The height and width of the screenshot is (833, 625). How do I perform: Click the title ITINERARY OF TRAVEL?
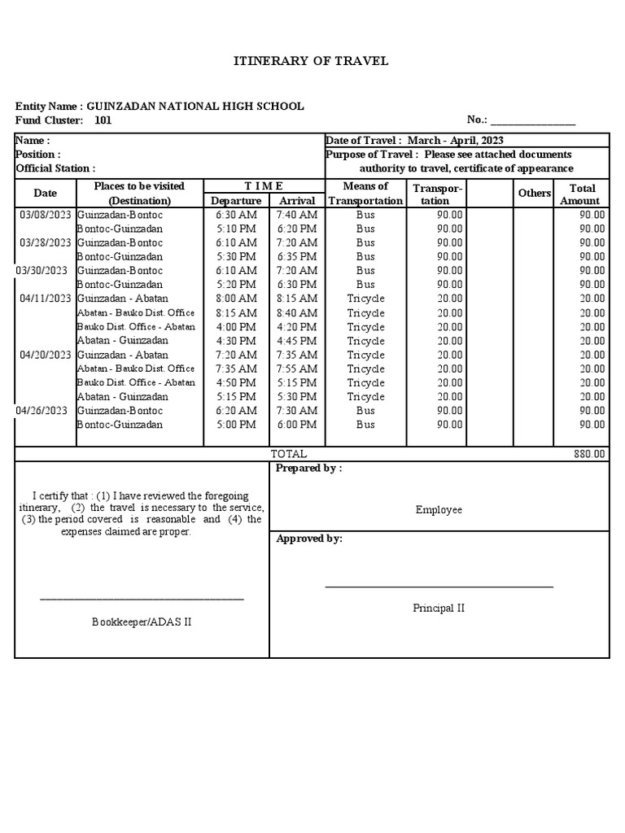tap(312, 61)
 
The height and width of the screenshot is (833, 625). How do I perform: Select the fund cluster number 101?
tap(103, 120)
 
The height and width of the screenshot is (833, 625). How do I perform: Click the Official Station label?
tap(55, 168)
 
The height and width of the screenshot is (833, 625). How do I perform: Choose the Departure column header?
tap(236, 201)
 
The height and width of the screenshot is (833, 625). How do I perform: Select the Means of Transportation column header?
tap(365, 194)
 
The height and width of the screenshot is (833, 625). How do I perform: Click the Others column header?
tap(534, 194)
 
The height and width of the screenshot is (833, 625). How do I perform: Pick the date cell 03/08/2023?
tap(45, 215)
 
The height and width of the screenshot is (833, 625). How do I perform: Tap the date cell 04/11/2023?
tap(45, 299)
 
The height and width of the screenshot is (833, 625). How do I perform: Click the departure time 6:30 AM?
tap(236, 215)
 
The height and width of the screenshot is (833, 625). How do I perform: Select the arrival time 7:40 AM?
tap(297, 215)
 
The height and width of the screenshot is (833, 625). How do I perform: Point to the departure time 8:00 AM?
tap(236, 299)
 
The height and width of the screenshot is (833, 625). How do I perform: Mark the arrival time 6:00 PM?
tap(297, 425)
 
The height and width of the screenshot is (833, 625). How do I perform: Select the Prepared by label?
tap(308, 469)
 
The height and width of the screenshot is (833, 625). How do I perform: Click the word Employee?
tap(439, 510)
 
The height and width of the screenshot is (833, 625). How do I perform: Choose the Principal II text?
tap(439, 608)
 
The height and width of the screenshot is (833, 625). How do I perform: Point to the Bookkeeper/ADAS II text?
tap(142, 622)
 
